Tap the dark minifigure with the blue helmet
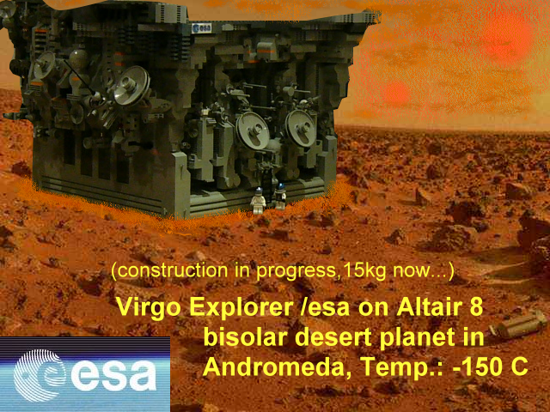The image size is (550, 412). [x=280, y=196]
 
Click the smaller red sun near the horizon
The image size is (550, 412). [x=395, y=94]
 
